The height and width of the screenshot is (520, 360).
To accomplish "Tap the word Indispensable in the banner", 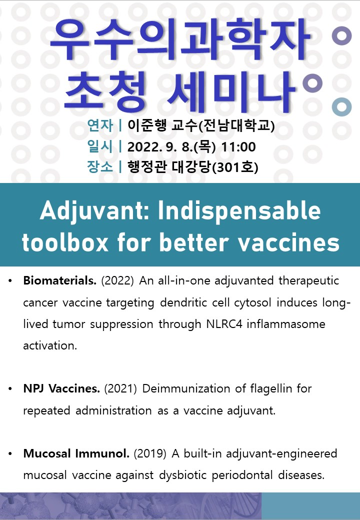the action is click(x=239, y=211).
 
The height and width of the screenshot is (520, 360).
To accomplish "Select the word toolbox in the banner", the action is click(x=65, y=242).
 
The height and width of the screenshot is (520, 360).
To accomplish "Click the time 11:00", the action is click(x=238, y=147).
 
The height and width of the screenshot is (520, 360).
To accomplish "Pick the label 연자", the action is click(x=100, y=125).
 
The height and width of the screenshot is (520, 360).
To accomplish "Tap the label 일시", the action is click(x=100, y=146).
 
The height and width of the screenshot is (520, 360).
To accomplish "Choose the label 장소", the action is click(x=100, y=166).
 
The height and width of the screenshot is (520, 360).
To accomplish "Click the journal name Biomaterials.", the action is click(x=59, y=280).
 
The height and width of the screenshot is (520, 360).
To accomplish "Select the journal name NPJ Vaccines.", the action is click(x=61, y=388).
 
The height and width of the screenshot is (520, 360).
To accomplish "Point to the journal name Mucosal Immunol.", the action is click(x=76, y=453).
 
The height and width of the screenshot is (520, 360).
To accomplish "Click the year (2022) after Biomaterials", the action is click(x=117, y=281).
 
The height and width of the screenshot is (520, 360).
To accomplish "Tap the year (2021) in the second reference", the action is click(x=120, y=388).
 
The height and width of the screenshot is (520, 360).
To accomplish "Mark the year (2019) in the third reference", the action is click(x=150, y=453).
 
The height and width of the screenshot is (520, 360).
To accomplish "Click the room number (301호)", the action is click(x=235, y=167).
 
